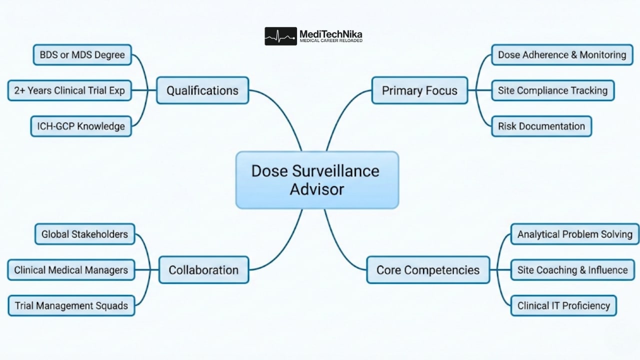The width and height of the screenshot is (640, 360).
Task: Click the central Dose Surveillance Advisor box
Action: [x=317, y=180]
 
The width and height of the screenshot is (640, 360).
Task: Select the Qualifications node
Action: [x=202, y=90]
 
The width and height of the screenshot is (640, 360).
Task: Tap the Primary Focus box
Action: [x=419, y=90]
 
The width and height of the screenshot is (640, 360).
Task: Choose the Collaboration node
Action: [x=203, y=270]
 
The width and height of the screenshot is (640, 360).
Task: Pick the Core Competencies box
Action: [x=428, y=270]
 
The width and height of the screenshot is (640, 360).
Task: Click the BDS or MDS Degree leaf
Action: [x=82, y=54]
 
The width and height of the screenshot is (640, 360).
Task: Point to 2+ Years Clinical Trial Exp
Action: [x=69, y=90]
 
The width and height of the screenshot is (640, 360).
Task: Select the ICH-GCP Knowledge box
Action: [x=81, y=126]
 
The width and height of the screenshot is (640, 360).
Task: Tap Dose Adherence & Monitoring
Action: [x=562, y=54]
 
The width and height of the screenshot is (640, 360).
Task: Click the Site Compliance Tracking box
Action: [x=552, y=90]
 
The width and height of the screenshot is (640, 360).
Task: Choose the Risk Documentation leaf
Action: [x=541, y=126]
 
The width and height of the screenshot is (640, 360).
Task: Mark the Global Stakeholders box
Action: [x=84, y=234]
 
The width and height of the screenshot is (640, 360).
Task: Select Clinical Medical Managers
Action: [x=71, y=270]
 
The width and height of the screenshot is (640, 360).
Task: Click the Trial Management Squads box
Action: [x=71, y=305]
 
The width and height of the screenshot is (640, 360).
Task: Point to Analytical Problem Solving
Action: [x=574, y=234]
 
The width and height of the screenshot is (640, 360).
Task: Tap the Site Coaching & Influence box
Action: [x=572, y=270]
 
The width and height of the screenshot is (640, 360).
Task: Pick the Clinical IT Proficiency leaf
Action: [x=563, y=305]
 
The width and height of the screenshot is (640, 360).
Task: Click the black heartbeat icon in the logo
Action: [x=280, y=36]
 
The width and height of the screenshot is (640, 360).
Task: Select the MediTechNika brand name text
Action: [x=330, y=34]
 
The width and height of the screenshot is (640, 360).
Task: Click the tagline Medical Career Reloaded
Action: [x=330, y=41]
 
